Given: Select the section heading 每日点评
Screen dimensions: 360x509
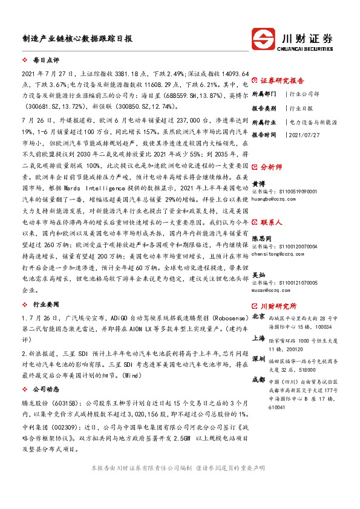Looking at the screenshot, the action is point(46,61).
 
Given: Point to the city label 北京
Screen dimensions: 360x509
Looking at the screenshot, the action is point(258,316).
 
